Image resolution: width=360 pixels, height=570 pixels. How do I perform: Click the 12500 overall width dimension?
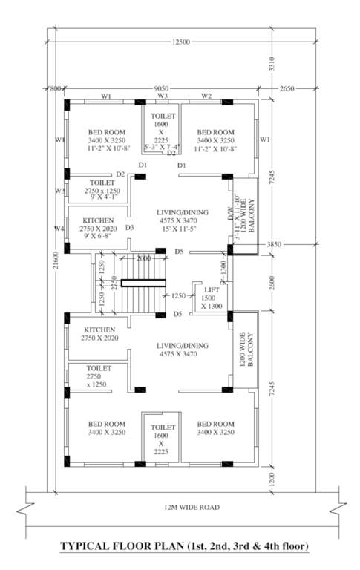click(x=180, y=42)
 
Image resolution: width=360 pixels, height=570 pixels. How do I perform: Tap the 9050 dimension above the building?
click(x=161, y=88)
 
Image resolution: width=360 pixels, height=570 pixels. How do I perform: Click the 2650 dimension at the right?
click(x=288, y=88)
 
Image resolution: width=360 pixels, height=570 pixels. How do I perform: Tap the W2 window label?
click(x=207, y=96)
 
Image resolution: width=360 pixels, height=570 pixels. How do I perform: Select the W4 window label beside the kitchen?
click(x=59, y=228)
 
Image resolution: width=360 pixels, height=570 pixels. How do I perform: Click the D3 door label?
click(x=129, y=227)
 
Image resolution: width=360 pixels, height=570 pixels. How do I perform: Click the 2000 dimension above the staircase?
click(x=143, y=258)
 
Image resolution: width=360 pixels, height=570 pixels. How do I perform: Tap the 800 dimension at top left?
click(x=55, y=88)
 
